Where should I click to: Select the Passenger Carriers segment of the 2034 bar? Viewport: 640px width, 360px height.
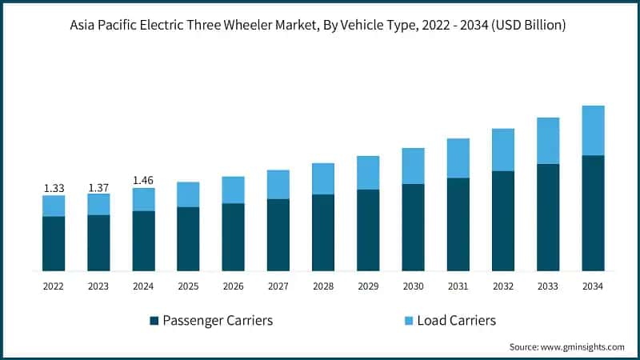click(593, 213)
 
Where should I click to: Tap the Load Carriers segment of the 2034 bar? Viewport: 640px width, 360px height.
click(593, 130)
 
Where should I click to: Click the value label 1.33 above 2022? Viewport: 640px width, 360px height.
click(54, 188)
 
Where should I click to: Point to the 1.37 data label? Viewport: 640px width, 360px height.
click(98, 187)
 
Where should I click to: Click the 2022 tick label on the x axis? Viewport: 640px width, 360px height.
click(54, 286)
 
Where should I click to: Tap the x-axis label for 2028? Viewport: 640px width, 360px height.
click(323, 286)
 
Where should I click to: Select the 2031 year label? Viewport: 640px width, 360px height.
click(458, 286)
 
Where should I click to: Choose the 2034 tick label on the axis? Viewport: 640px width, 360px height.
click(593, 286)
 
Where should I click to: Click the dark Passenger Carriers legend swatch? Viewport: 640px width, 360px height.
click(154, 321)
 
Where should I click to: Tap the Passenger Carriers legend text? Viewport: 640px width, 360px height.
click(218, 321)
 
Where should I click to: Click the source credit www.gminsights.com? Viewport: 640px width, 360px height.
click(566, 346)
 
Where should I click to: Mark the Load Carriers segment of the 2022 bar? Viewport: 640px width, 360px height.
click(54, 206)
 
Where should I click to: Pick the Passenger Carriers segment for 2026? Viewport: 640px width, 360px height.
click(233, 237)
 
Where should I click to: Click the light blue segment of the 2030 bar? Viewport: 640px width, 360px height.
click(413, 166)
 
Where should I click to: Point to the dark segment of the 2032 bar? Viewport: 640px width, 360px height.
click(502, 221)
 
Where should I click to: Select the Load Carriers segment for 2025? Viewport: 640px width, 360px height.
click(188, 194)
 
